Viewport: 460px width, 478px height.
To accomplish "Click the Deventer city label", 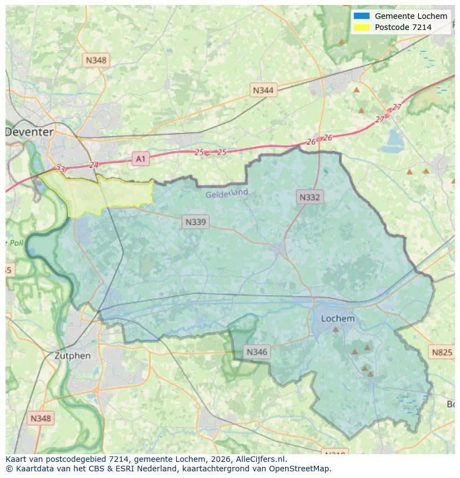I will [29, 132].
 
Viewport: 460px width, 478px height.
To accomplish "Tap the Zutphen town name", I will [72, 356].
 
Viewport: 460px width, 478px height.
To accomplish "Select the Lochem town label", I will [338, 319].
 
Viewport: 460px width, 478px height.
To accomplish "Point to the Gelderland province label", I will [227, 194].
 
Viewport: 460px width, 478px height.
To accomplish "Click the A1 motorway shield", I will [141, 159].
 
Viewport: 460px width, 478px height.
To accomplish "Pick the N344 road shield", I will [263, 90].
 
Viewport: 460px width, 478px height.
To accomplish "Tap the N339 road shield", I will [195, 222].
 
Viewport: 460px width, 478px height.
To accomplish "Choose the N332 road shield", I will [309, 197].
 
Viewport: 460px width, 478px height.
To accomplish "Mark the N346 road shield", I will [257, 352].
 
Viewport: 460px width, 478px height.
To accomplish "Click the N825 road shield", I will [442, 352].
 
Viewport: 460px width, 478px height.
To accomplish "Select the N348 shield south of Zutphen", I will [41, 419].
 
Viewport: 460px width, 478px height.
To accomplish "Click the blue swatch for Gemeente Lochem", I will [361, 16].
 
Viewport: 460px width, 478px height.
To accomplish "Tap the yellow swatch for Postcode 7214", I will [361, 27].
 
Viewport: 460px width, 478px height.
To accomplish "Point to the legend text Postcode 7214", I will [403, 27].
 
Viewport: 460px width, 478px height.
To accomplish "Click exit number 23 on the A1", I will [60, 168].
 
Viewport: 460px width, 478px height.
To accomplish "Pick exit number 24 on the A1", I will [93, 165].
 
